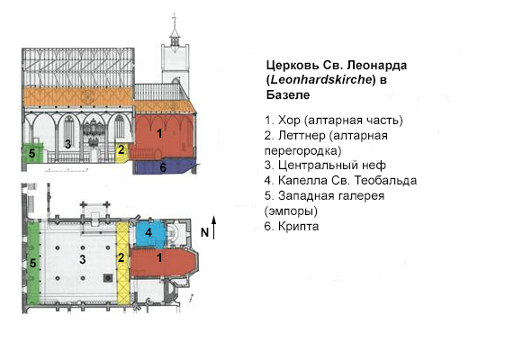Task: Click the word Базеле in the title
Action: [x=288, y=95]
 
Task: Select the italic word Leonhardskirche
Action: [x=321, y=79]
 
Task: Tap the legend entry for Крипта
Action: [x=292, y=227]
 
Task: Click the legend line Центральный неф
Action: [x=325, y=166]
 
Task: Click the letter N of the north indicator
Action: [x=205, y=232]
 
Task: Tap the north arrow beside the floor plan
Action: [x=213, y=228]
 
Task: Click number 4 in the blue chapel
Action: [x=149, y=232]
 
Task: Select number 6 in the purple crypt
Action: [x=163, y=167]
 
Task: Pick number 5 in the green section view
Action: [x=32, y=154]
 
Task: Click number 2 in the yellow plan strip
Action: [x=122, y=257]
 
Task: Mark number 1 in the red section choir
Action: [x=159, y=133]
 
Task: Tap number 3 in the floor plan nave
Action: [x=83, y=259]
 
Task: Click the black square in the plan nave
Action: [x=108, y=277]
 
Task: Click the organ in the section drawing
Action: [x=92, y=133]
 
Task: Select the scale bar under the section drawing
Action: [x=67, y=169]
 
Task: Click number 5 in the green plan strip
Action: [x=32, y=264]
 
